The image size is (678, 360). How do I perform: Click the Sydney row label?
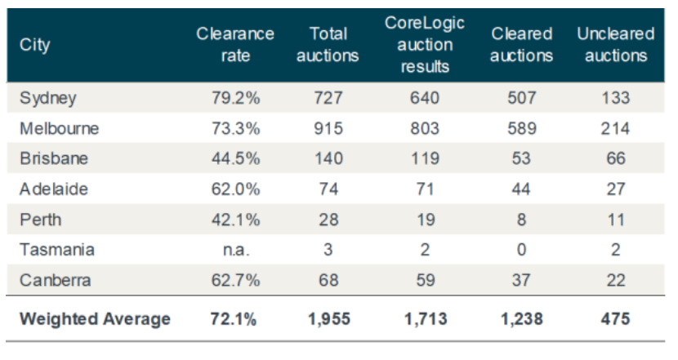[x=47, y=98]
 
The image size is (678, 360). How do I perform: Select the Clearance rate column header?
[x=235, y=45]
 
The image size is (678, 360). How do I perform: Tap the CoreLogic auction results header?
[x=425, y=45]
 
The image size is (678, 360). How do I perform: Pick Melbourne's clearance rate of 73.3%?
[x=235, y=128]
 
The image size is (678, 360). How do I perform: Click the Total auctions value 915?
[x=328, y=128]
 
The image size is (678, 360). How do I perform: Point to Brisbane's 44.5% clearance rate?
[x=235, y=158]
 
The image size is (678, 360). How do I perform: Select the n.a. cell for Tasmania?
[x=235, y=250]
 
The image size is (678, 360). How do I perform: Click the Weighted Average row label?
[x=95, y=318]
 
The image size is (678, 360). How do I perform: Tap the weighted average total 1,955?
[x=328, y=318]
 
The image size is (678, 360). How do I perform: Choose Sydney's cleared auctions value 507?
[x=522, y=98]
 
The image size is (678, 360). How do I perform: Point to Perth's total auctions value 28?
[x=328, y=220]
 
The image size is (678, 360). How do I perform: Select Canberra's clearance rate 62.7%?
[x=235, y=280]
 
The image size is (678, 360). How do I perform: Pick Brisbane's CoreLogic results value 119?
[x=425, y=158]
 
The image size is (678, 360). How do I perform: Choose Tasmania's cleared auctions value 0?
[x=522, y=250]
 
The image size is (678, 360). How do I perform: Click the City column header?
[x=34, y=45]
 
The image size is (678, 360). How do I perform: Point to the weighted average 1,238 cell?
[x=522, y=318]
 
